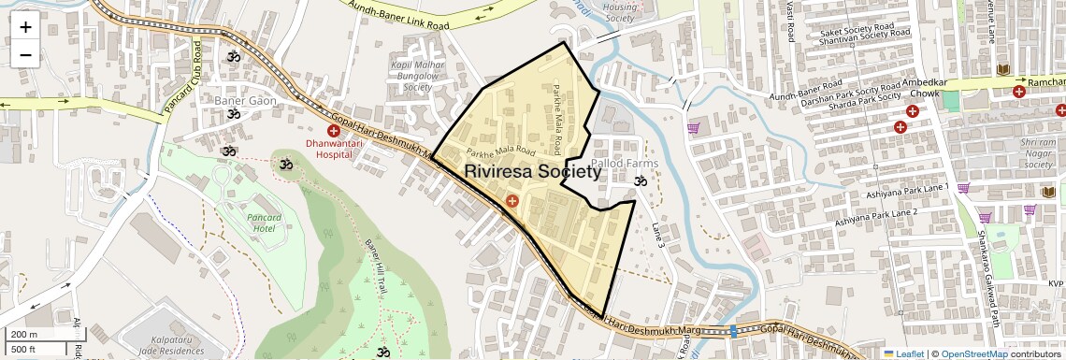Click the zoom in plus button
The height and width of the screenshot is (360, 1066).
25,27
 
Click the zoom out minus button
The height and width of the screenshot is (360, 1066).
25,55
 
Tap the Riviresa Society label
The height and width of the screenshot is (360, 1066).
533,172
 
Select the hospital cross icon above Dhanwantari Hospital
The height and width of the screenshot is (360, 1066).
334,132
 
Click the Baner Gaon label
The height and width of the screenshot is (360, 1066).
246,100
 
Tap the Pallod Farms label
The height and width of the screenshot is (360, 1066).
625,164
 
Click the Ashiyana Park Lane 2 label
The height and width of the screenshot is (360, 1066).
876,217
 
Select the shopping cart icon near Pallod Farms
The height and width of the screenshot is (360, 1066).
693,128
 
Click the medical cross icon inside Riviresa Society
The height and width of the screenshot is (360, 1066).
511,201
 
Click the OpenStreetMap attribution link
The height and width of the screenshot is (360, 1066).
974,353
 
